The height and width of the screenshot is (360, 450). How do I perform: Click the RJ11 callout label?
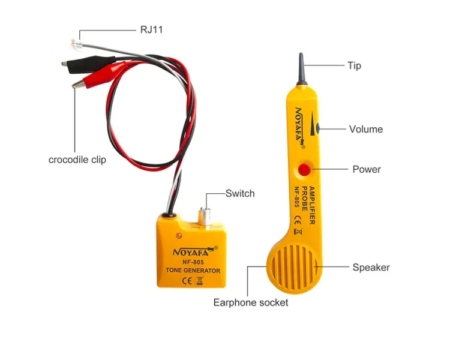(x=151, y=29)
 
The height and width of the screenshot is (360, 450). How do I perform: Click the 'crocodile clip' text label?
(x=77, y=160)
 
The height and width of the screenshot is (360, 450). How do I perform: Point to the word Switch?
(x=240, y=193)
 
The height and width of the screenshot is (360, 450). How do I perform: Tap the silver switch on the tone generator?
(x=205, y=217)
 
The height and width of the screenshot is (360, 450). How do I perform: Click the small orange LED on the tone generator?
(x=179, y=236)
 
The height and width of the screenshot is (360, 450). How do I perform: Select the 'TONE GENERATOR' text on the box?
(x=193, y=271)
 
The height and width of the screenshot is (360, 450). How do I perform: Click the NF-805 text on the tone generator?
(x=193, y=262)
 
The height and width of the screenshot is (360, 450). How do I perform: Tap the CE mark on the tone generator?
(x=187, y=280)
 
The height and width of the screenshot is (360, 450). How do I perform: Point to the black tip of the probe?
(x=301, y=69)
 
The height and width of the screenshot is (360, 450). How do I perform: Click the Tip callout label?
(x=354, y=66)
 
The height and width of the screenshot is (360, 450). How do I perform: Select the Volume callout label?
(x=366, y=129)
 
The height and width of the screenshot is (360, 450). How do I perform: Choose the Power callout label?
(x=367, y=169)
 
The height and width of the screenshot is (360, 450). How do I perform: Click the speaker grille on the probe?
(x=294, y=268)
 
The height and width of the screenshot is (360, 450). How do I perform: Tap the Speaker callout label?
(x=371, y=267)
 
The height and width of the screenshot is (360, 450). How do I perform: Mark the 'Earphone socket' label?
(x=251, y=302)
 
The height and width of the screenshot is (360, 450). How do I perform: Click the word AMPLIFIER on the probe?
(x=312, y=205)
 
